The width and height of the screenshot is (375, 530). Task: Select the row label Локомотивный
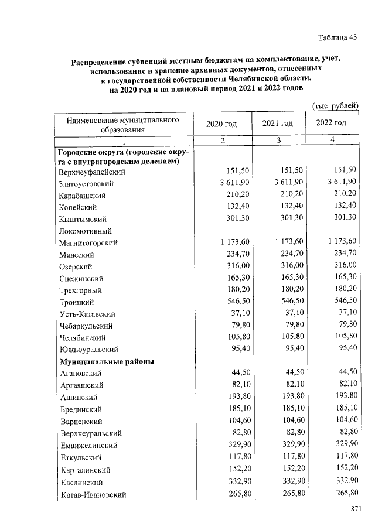(x=86, y=231)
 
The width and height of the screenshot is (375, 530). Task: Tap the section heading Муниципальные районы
(x=106, y=361)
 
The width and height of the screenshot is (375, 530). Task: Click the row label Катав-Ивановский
(x=93, y=495)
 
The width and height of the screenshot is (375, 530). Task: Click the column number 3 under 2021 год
(x=278, y=140)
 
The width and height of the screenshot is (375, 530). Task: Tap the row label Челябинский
(x=82, y=338)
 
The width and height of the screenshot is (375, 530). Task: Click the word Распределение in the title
(x=103, y=60)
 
